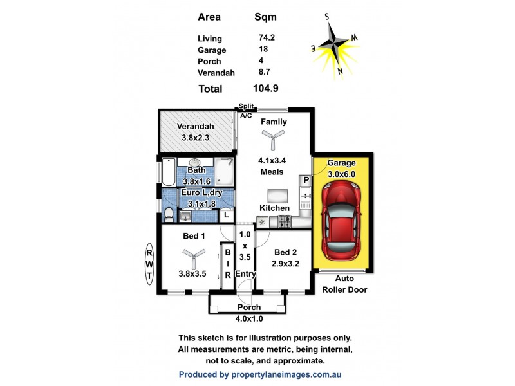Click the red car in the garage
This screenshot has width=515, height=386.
click(341, 219)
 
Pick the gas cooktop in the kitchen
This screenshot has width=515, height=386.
click(284, 222)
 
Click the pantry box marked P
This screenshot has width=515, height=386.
click(306, 179)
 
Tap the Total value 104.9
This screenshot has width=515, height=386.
click(266, 89)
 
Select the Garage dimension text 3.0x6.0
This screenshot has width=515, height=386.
click(341, 173)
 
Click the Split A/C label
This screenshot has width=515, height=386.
click(246, 111)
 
